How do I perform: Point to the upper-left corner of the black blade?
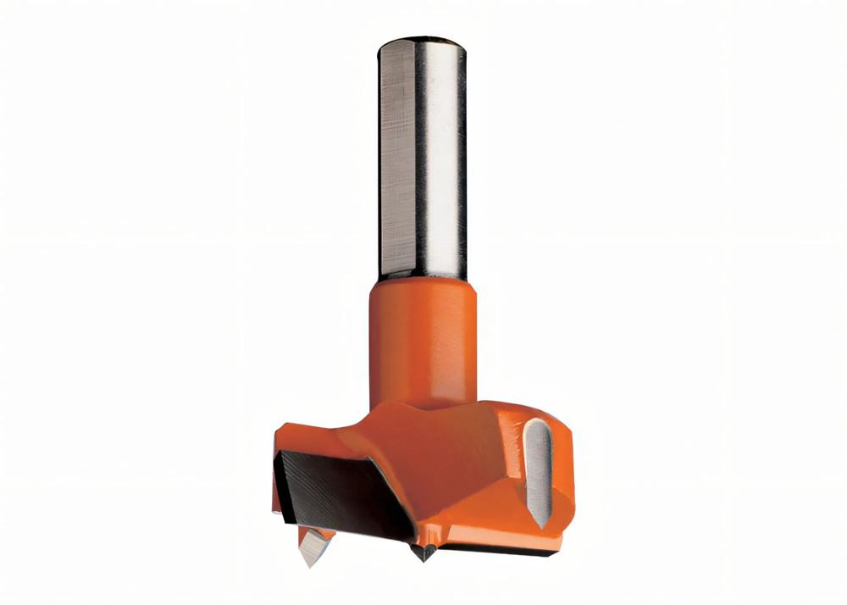[x=285, y=453]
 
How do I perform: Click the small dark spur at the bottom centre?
[x=422, y=552]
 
